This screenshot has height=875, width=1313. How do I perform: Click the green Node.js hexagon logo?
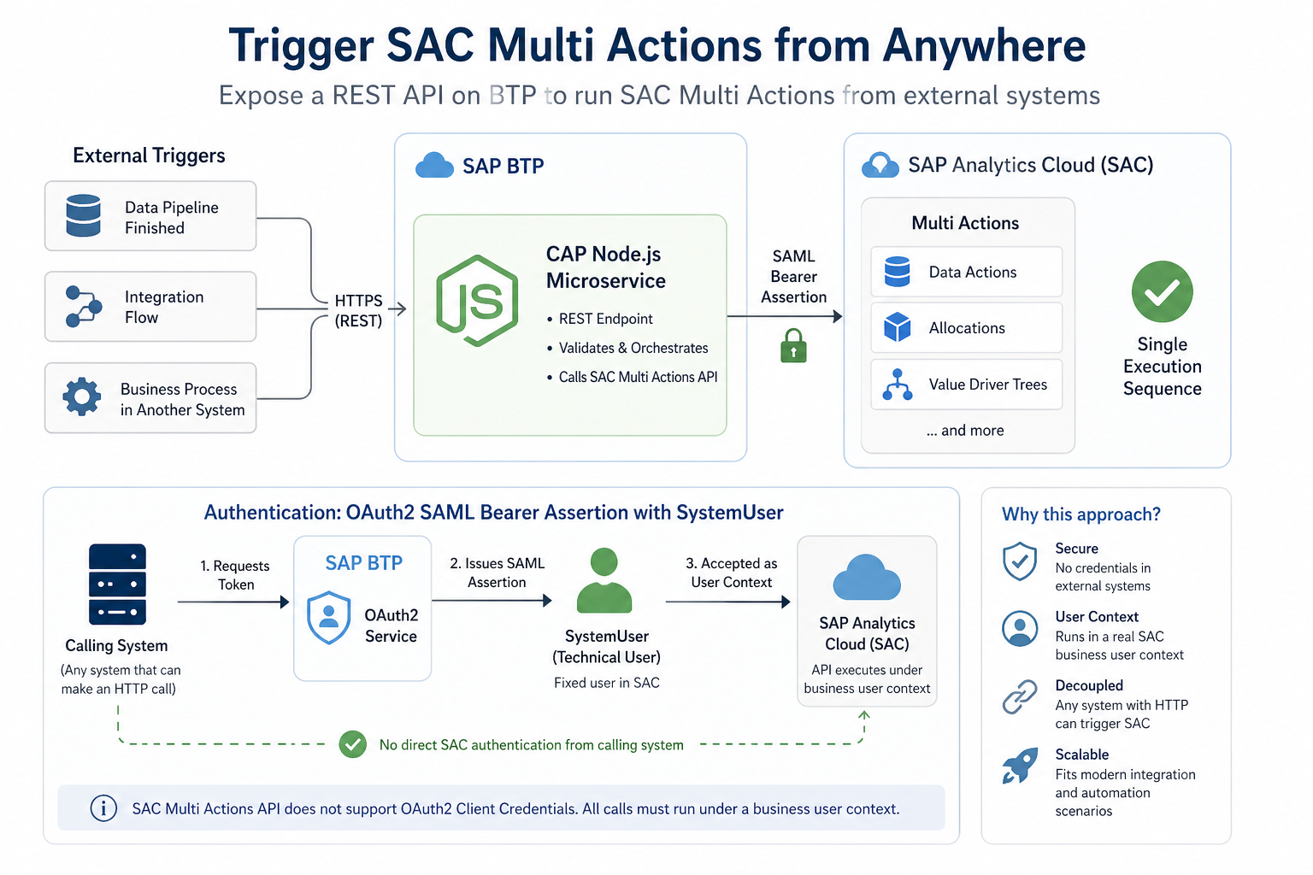pos(477,301)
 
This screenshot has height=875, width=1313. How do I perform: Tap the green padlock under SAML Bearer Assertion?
pos(793,346)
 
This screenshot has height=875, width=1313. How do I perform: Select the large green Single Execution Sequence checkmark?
pos(1162,291)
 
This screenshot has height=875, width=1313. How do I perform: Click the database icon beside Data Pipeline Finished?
pos(84,215)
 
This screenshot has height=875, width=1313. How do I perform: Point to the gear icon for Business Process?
pos(82,397)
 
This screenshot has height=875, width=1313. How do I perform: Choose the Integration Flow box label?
pos(164,307)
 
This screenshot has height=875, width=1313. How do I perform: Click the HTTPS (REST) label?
pos(358,311)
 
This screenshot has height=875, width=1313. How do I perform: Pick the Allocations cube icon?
pos(897,327)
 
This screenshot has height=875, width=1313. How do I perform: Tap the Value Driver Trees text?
pos(987,385)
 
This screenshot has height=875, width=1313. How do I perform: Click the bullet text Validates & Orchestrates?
pos(633,348)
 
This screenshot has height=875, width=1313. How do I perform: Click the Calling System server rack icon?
pos(117,584)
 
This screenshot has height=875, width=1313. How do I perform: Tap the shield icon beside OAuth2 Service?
pos(328,617)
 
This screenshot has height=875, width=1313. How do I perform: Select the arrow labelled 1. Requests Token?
pos(233,602)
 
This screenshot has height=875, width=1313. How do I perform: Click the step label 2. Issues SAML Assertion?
pos(497,573)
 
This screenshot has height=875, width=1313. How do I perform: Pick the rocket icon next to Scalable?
pos(1020,766)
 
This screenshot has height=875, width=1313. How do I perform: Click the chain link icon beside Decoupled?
pos(1020,696)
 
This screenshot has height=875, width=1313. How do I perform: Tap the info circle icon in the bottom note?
pos(103,808)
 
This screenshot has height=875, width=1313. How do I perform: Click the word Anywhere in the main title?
pos(984,46)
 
